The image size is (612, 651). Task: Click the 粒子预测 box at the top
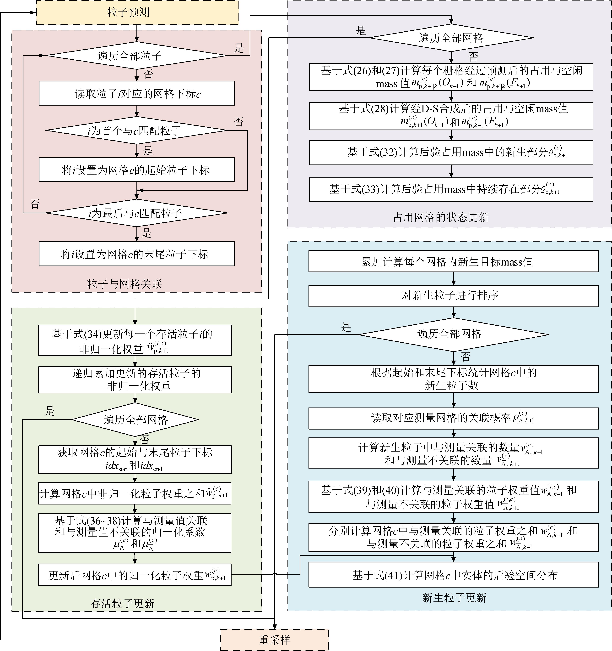click(x=137, y=12)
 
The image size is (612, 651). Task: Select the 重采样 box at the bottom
click(x=274, y=640)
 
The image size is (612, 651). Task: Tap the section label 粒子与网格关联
click(x=124, y=284)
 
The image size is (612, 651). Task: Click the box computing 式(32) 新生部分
click(x=451, y=153)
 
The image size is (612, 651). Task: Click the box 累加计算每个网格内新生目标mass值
click(x=453, y=261)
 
